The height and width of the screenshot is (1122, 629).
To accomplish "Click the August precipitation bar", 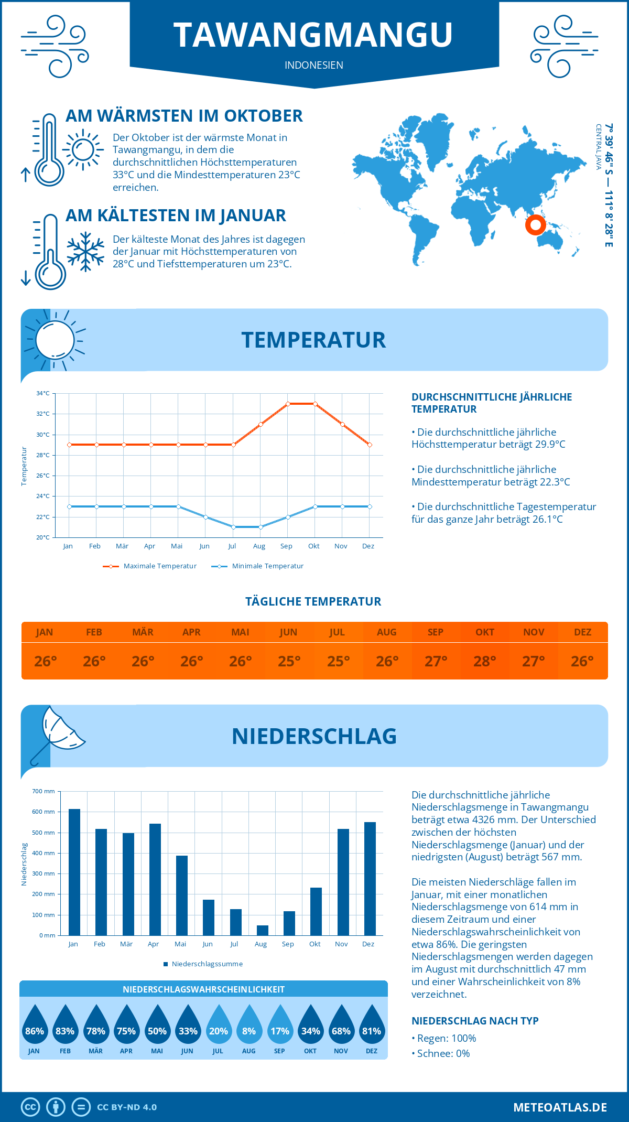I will (x=263, y=930).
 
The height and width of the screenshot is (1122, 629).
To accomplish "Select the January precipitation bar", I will (x=74, y=872).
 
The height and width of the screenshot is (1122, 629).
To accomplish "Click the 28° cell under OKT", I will (x=485, y=661).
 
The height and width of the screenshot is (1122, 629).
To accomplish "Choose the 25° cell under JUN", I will (x=289, y=661).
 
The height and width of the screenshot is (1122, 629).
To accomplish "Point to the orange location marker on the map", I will (x=535, y=225).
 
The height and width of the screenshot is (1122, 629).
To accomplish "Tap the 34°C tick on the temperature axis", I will (x=43, y=393).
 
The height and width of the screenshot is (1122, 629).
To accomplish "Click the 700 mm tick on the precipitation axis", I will (x=44, y=791).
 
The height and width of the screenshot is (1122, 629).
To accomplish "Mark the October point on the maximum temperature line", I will (x=315, y=404).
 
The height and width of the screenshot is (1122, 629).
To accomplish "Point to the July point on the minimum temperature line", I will (x=233, y=527).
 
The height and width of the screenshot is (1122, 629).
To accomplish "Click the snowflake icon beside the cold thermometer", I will (x=85, y=251).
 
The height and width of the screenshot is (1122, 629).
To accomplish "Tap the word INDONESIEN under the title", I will (x=314, y=65).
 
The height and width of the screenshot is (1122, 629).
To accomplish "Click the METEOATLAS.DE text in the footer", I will (x=560, y=1107).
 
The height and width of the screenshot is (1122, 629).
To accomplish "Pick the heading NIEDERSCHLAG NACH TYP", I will (x=475, y=1021).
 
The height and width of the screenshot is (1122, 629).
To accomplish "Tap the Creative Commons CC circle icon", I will (x=30, y=1107).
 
